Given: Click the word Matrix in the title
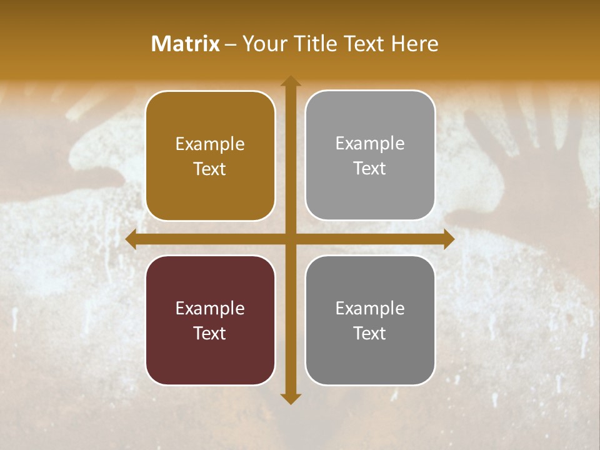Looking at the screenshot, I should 185,44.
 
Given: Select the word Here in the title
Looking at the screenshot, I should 414,44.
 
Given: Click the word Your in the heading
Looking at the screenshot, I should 264,44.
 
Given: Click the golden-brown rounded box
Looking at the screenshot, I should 210,156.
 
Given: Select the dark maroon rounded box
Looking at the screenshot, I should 210,320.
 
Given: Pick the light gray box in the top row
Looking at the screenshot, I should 370,156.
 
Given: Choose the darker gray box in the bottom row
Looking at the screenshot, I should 370,320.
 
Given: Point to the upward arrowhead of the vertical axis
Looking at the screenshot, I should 290,81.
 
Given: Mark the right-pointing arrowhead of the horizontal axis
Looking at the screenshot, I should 449,239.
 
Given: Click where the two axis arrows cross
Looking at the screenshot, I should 290,239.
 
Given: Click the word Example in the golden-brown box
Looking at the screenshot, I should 210,144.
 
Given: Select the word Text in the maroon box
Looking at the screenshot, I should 210,333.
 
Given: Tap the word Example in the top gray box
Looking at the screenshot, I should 370,144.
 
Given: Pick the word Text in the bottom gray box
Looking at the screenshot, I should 370,333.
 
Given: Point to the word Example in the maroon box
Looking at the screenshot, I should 210,308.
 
